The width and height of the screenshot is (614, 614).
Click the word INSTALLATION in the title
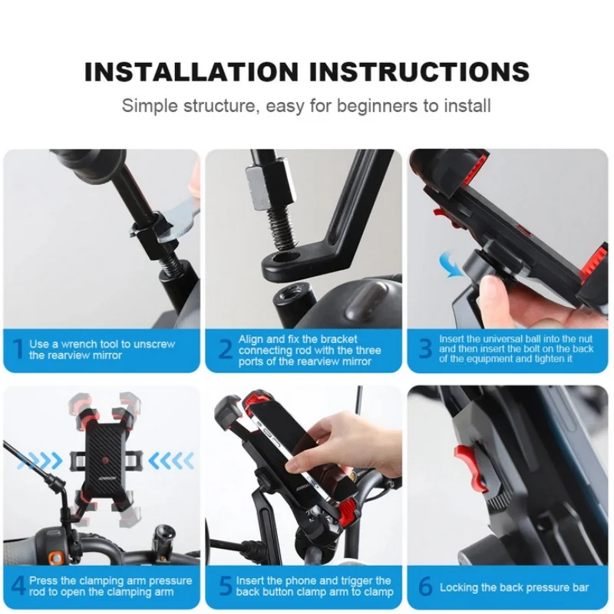point(191,71)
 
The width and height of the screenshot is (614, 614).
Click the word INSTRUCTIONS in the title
point(419,71)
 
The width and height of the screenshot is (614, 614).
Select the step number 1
point(18,349)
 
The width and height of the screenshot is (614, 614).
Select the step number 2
point(226,349)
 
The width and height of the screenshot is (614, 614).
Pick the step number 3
point(425,348)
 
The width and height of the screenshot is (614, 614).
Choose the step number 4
point(18,586)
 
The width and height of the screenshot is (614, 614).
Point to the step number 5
point(226,586)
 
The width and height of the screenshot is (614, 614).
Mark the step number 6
point(425,587)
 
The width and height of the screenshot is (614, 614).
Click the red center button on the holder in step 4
point(105,458)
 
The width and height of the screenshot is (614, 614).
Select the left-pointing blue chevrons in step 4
point(170,460)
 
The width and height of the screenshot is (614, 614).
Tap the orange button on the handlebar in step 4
point(57,557)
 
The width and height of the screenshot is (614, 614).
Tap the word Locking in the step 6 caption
point(458,587)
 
